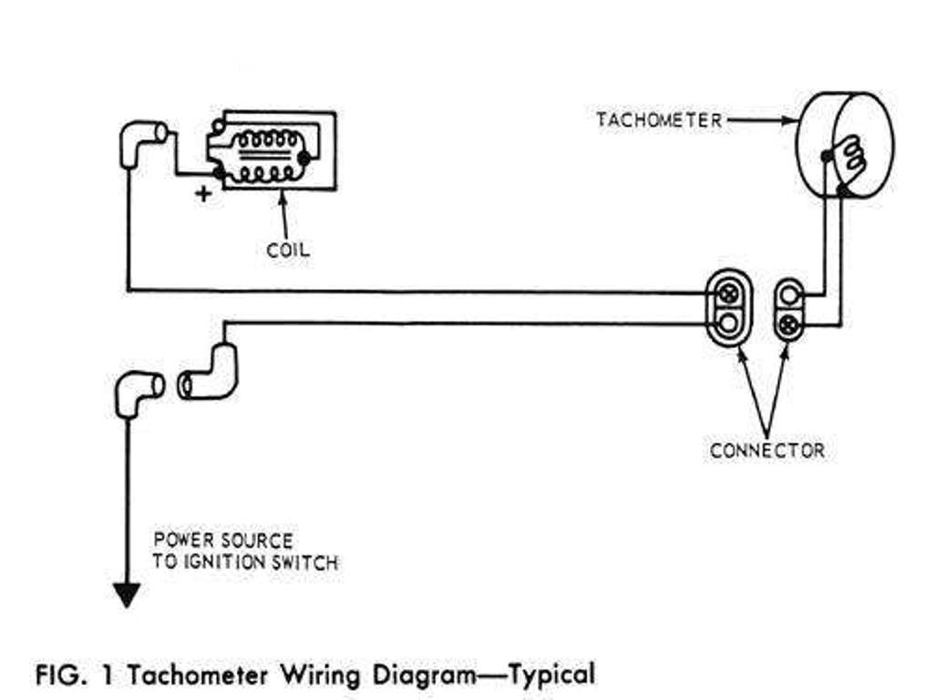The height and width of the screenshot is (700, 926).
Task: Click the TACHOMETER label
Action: pos(659,120)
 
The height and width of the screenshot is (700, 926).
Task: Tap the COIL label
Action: pos(287,249)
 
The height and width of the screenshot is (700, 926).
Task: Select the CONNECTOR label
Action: pos(767,450)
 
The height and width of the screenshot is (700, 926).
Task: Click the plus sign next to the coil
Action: pos(203,192)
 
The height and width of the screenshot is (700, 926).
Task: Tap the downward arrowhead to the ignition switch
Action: pos(127,595)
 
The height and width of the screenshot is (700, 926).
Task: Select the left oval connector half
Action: pos(729,308)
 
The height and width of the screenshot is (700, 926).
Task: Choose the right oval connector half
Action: pos(789,308)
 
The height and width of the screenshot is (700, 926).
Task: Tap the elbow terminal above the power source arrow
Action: pos(137,390)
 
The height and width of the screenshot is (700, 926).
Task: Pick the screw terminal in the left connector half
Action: pos(729,293)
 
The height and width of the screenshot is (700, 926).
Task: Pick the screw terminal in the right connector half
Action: pos(789,322)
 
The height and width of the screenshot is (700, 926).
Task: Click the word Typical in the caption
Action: pos(551,675)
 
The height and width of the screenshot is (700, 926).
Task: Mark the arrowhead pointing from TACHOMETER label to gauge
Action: pos(791,120)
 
